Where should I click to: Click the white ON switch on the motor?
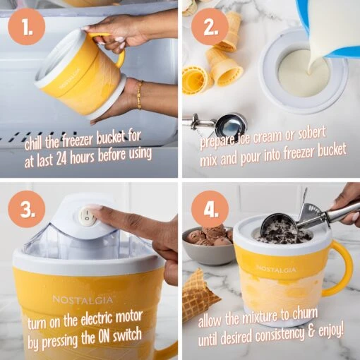click(x=88, y=215)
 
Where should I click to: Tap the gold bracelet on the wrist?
click(x=139, y=95)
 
